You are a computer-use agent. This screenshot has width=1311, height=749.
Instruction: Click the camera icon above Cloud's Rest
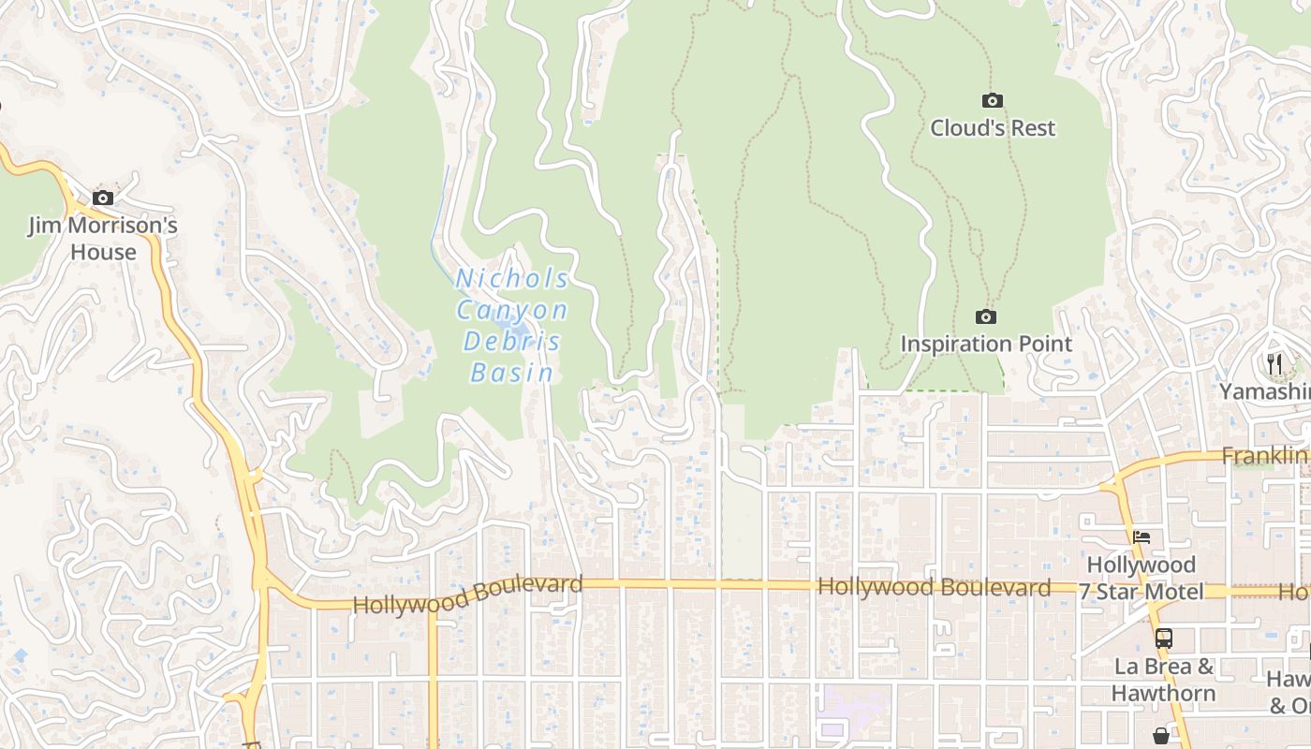tap(992, 100)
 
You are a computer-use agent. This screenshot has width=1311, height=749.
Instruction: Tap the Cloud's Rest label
tap(992, 128)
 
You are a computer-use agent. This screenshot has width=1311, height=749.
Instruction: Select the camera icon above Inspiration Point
tap(985, 317)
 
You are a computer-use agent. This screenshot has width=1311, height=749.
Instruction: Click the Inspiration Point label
tap(985, 345)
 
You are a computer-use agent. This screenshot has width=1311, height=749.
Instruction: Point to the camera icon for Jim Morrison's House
tap(103, 198)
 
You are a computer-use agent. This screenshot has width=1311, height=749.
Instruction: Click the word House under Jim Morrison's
tap(103, 253)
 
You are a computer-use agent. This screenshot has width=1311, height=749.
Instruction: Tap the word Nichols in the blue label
tap(512, 279)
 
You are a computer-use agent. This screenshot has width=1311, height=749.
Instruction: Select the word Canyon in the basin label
tap(512, 311)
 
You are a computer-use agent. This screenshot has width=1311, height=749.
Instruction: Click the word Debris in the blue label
tap(512, 342)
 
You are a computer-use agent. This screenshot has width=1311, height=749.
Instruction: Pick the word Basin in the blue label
tap(512, 374)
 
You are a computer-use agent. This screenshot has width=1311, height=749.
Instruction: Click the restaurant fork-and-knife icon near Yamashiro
tap(1274, 363)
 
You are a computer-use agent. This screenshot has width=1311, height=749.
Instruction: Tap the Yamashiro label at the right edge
tap(1264, 391)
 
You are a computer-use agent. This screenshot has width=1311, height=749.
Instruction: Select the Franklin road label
tap(1264, 456)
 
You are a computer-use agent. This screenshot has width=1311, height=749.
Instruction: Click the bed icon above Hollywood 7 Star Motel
tap(1142, 537)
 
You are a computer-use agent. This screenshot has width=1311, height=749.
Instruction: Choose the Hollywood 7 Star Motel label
tap(1141, 579)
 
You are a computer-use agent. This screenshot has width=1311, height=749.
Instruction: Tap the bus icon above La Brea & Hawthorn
tap(1163, 639)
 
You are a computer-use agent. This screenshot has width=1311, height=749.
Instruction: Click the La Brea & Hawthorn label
tap(1164, 681)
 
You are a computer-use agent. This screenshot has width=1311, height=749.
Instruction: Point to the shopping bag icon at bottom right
tap(1161, 736)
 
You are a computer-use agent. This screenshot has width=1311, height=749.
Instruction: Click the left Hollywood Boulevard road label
tap(467, 595)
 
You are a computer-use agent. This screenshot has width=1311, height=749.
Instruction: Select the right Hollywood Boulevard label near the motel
tap(934, 588)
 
